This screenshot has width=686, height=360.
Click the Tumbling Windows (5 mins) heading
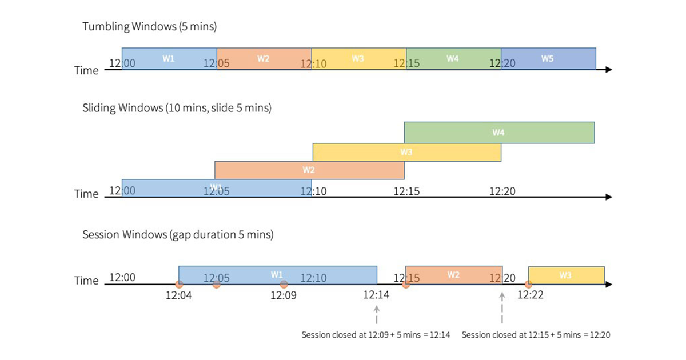click(149, 26)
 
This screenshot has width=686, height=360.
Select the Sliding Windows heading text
click(177, 107)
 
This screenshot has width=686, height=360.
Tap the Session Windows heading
click(178, 235)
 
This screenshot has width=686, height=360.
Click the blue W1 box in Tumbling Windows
click(169, 59)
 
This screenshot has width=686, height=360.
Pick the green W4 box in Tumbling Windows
click(453, 59)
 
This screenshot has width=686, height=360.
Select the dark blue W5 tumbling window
click(548, 59)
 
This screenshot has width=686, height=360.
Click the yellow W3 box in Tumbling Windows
click(358, 59)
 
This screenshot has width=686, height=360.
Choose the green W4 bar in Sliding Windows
click(499, 133)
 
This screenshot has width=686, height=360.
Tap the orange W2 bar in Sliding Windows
click(309, 170)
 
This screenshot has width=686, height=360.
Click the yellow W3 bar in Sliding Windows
click(406, 152)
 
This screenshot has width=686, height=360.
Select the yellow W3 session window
click(566, 275)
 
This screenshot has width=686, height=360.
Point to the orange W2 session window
click(454, 275)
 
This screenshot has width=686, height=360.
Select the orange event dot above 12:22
click(528, 284)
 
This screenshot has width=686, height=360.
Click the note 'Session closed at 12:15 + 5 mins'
click(536, 335)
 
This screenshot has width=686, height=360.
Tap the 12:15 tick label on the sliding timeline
click(406, 192)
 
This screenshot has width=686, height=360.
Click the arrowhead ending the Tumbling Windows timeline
click(608, 70)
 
